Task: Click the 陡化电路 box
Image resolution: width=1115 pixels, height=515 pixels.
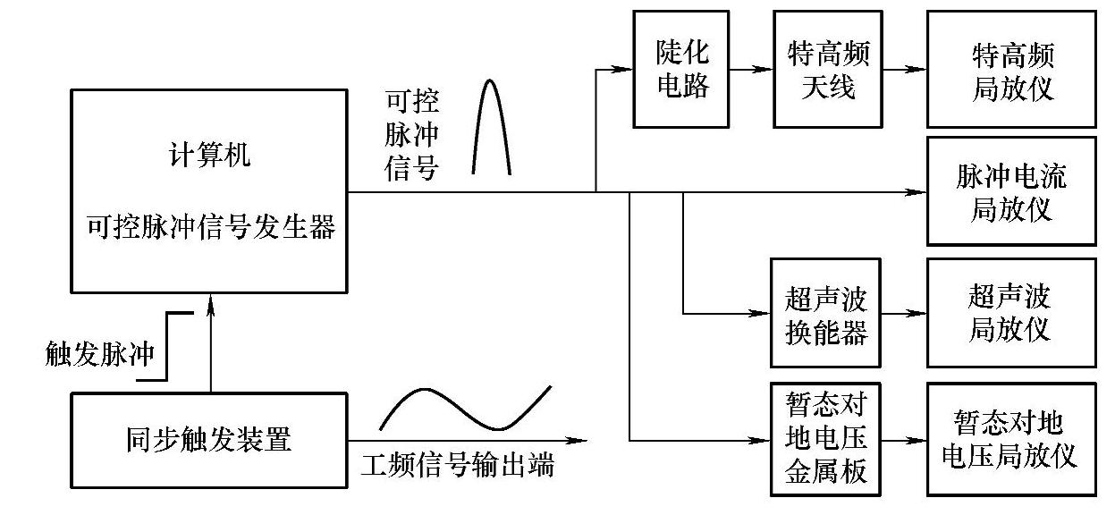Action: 682,68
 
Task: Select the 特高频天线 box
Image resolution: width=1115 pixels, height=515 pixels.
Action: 821,69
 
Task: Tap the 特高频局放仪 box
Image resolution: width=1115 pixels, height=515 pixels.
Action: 1011,69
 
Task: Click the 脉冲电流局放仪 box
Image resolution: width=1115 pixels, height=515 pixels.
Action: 1011,191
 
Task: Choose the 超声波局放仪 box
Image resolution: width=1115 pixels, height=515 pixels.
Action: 1011,312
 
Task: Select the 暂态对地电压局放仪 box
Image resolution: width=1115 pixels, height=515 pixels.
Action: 1011,439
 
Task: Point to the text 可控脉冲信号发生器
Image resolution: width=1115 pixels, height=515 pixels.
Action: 210,227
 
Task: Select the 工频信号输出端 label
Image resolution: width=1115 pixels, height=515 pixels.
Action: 457,465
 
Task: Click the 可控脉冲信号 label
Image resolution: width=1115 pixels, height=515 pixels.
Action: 410,134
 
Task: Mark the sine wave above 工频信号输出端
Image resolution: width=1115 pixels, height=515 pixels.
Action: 465,408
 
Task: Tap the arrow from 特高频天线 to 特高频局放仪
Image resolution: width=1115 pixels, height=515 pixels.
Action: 903,69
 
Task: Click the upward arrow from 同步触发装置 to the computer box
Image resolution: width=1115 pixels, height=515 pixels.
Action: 210,344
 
